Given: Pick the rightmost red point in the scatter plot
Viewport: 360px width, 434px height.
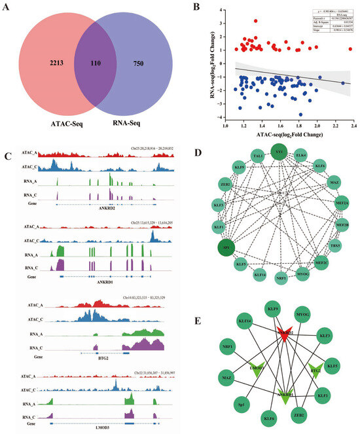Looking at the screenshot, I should [351, 49].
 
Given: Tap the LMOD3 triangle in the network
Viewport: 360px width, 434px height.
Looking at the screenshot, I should [254, 370].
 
